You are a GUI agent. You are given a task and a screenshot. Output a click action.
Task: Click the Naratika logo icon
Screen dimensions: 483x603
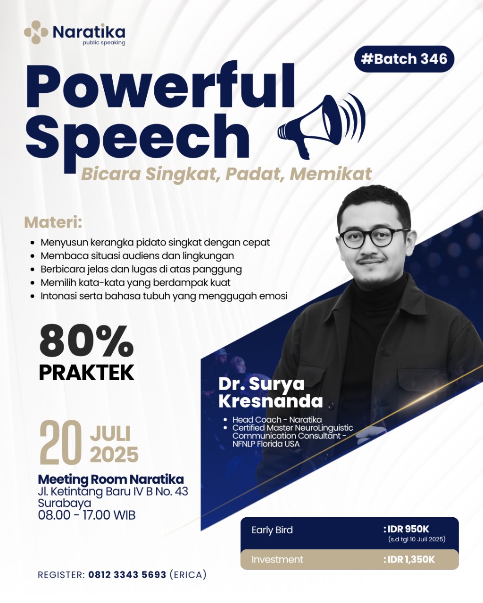[36, 32]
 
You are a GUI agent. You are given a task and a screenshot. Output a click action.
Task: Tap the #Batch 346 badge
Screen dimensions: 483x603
[404, 59]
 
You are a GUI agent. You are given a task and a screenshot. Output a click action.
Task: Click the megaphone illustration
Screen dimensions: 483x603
[322, 127]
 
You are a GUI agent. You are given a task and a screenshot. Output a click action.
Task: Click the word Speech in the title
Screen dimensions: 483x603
[138, 137]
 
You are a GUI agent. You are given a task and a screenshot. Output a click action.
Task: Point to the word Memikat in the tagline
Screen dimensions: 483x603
[331, 174]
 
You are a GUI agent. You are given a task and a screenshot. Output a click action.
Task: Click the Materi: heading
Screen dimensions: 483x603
[53, 222]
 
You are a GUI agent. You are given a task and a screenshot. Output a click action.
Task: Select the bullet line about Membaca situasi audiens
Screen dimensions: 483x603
[137, 256]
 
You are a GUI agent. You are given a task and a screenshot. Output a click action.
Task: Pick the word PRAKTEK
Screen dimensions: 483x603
[86, 372]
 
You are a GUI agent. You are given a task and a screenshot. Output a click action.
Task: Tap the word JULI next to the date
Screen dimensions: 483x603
[110, 433]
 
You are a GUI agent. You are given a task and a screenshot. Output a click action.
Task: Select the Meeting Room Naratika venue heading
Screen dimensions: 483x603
[111, 479]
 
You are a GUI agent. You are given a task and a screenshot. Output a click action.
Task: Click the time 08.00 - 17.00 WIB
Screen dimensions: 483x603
[87, 515]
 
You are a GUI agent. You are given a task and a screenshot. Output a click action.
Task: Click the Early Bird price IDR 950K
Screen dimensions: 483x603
[406, 529]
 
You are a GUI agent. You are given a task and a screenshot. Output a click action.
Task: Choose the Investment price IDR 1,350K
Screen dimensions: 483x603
[408, 560]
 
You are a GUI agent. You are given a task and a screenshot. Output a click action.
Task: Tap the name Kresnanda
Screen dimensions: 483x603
[271, 401]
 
